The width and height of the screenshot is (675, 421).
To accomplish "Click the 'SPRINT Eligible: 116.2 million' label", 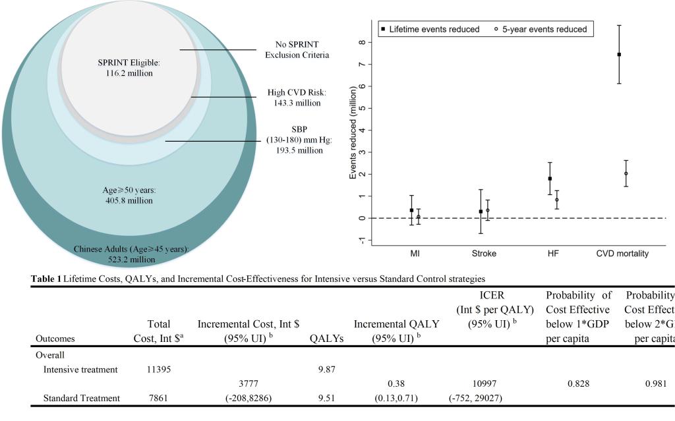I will tap(125, 68).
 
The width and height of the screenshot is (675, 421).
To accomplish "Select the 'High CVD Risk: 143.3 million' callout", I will tap(297, 98).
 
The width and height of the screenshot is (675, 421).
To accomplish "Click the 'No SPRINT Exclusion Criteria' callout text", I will tap(297, 49).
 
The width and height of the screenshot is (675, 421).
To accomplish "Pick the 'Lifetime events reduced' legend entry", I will tap(429, 30).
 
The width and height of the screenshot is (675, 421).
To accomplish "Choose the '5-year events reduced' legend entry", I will tap(539, 30).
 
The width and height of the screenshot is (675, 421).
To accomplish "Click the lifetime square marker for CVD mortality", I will tap(619, 55).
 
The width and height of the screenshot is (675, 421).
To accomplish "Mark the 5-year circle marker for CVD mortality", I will tap(626, 174).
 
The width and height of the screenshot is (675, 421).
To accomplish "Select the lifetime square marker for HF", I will tap(550, 179).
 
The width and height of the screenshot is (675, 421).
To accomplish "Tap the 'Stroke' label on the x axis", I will tap(484, 253).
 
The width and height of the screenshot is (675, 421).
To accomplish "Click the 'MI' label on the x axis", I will tap(415, 253).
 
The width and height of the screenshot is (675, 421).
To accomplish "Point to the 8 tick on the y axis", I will tap(362, 42).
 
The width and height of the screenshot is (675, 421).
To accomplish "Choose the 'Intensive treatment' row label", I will tap(80, 370).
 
